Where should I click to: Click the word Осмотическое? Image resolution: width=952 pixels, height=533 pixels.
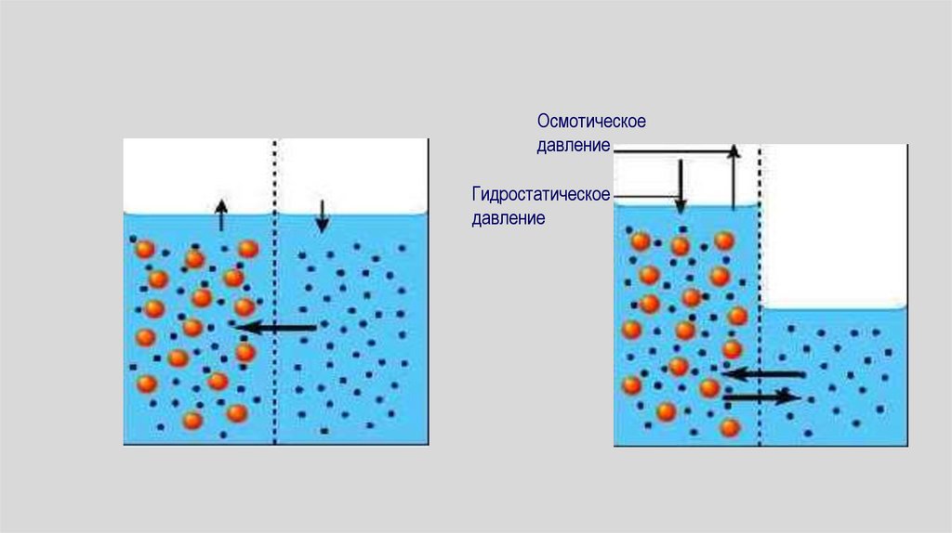pos(590,123)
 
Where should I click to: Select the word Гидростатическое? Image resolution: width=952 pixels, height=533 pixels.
pos(540,195)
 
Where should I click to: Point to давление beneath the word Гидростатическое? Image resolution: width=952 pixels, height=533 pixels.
pos(507,219)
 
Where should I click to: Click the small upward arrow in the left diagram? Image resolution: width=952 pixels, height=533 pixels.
pos(220,214)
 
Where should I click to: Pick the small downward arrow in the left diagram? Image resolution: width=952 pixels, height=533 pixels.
pos(322,215)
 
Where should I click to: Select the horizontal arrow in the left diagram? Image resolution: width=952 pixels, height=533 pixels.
pos(275,327)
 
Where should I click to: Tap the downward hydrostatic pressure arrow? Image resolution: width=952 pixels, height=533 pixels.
pos(681,186)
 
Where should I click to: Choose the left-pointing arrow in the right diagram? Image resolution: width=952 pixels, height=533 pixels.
pos(763,374)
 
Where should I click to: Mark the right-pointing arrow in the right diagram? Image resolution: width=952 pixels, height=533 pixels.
pos(761,396)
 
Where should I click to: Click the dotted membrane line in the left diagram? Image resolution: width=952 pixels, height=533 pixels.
pos(275,279)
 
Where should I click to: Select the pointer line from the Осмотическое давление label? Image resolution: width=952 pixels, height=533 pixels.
pos(669,149)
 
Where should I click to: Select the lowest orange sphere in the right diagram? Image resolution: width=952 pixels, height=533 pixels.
pos(730,427)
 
